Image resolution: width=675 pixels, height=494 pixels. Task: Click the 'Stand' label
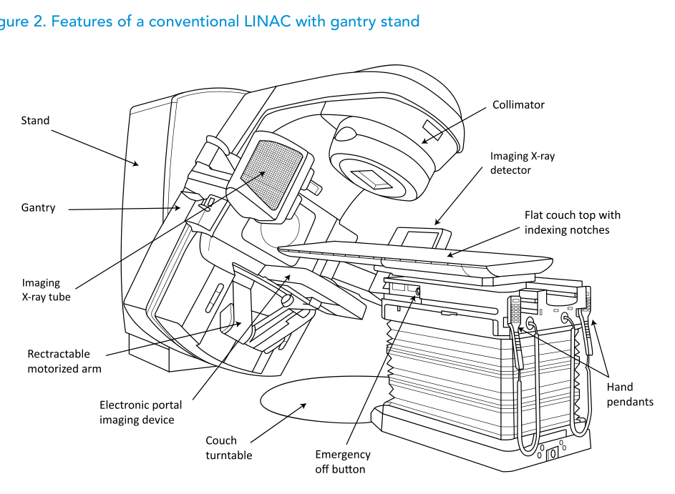tap(35, 121)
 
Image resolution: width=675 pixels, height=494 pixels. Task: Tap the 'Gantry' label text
tap(38, 208)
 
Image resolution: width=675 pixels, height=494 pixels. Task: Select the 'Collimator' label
tap(518, 105)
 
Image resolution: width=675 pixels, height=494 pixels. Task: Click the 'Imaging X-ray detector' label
tap(510, 163)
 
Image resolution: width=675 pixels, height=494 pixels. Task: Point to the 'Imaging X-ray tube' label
tap(46, 290)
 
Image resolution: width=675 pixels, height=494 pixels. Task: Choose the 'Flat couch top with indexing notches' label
tap(572, 222)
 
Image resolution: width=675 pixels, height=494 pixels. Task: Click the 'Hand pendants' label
tap(629, 394)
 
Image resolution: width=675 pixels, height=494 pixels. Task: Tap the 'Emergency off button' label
tap(343, 462)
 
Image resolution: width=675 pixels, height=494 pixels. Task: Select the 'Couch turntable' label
tap(228, 448)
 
